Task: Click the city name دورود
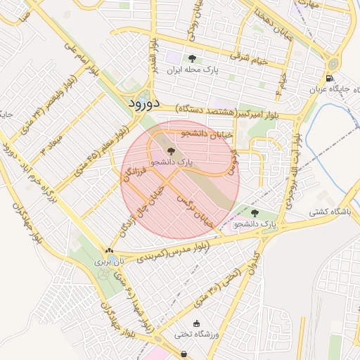click(x=146, y=103)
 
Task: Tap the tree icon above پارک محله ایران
click(x=192, y=59)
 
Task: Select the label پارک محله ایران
click(x=192, y=71)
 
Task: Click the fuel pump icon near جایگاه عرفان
click(x=330, y=78)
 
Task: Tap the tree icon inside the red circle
click(x=169, y=150)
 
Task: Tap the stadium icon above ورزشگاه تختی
click(x=196, y=323)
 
